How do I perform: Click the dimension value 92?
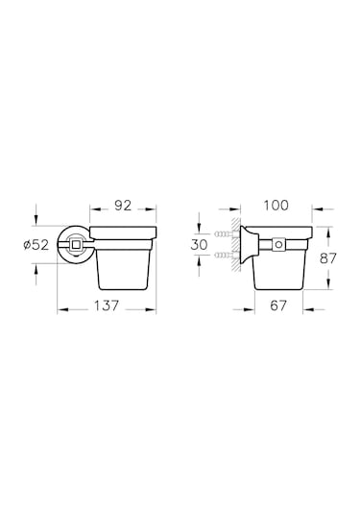123,206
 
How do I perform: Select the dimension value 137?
107,306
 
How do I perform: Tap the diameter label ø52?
36,245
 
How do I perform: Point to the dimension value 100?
276,206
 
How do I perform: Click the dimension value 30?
199,245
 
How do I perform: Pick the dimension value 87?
328,258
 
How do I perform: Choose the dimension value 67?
278,306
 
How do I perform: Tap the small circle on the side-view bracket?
279,244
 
